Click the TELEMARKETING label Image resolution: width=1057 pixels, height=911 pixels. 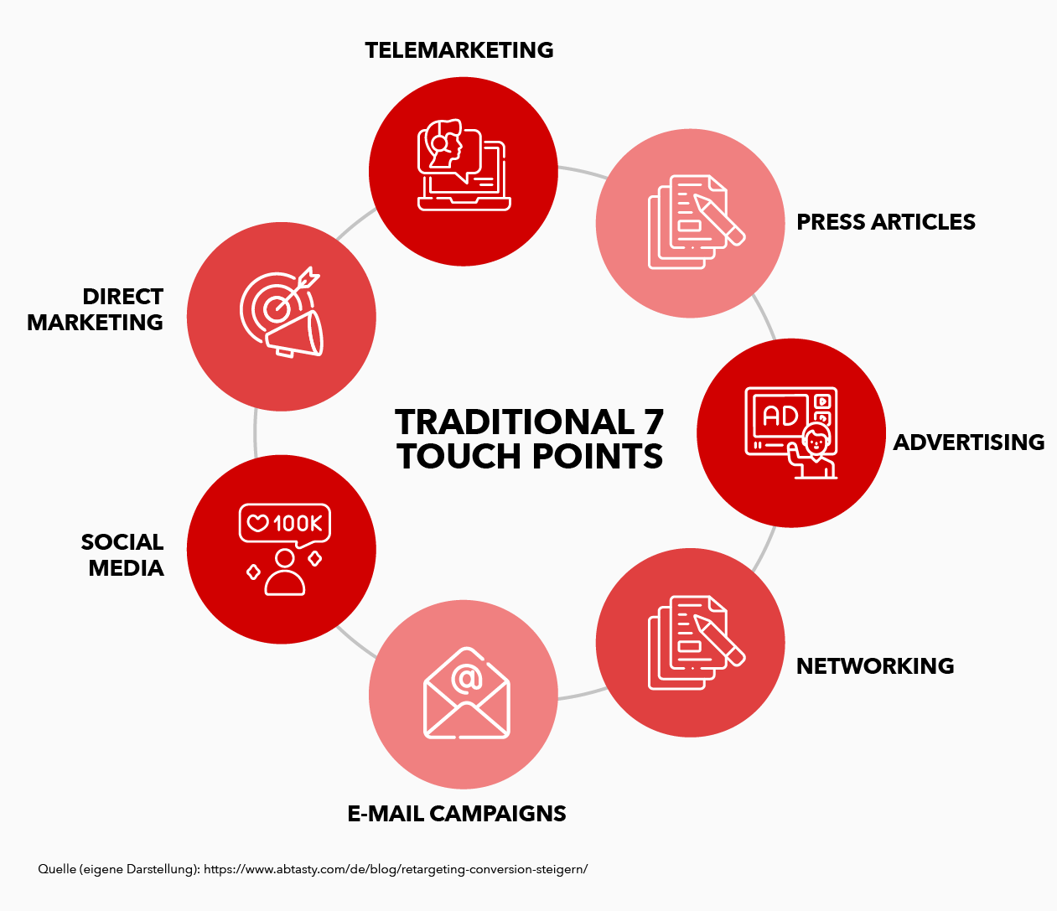(459, 50)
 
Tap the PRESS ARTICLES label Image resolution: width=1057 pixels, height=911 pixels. (886, 222)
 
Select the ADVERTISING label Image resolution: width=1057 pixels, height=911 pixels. (968, 443)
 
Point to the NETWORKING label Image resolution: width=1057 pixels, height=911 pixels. (875, 666)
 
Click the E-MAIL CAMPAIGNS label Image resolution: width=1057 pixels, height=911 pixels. (457, 813)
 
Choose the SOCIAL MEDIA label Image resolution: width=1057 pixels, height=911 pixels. (122, 555)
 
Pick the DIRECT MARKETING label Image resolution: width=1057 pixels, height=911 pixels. (95, 309)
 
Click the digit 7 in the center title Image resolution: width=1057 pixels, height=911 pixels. (653, 422)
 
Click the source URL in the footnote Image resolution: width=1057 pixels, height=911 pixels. (396, 869)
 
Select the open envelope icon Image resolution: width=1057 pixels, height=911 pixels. (466, 693)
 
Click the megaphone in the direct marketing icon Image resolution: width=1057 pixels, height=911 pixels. (295, 334)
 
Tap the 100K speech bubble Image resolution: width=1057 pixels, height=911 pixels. (285, 524)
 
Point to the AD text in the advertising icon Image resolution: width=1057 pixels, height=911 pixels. (780, 417)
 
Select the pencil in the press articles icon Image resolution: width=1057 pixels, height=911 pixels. (719, 220)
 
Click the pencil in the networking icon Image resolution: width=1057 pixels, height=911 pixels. (719, 640)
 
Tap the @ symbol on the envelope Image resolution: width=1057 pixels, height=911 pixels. (466, 677)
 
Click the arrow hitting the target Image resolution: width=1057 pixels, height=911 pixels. (298, 289)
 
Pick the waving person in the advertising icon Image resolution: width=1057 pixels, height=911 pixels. (812, 451)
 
